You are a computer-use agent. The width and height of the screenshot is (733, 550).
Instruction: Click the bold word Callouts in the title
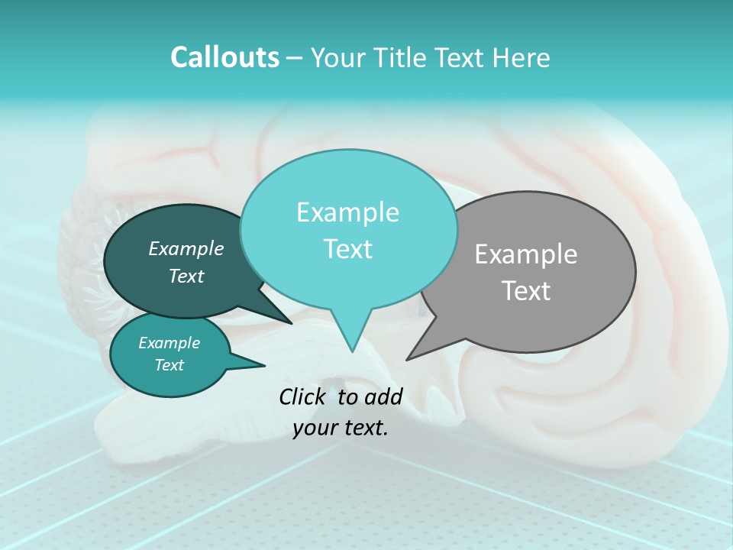tap(224, 57)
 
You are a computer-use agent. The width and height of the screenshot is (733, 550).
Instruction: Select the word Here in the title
tap(522, 57)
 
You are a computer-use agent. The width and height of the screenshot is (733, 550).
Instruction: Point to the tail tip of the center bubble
tap(352, 351)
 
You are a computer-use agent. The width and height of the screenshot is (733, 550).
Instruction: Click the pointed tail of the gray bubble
tap(408, 358)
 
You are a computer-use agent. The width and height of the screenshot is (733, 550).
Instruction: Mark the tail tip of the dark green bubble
tap(290, 323)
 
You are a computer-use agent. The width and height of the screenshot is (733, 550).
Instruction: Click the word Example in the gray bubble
tap(526, 254)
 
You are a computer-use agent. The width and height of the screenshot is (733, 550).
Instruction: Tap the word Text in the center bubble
tap(347, 249)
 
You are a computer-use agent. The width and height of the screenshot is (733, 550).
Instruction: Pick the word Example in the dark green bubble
tap(186, 248)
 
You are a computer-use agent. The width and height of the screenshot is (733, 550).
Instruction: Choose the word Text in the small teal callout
tap(170, 365)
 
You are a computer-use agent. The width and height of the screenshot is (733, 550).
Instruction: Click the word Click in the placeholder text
tap(303, 396)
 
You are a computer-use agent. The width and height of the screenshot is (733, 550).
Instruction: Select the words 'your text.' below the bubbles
tap(341, 429)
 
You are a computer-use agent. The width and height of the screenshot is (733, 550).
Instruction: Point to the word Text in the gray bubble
tap(527, 291)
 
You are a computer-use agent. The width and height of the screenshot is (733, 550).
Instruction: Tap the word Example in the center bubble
tap(347, 212)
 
